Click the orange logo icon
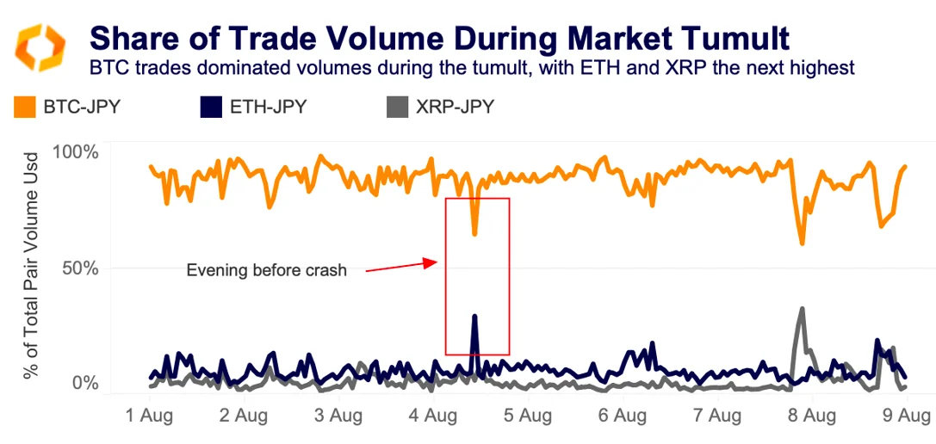point(40,46)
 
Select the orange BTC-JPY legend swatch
point(25,107)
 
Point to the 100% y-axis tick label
point(76,152)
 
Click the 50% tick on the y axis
point(80,268)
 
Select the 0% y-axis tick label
point(84,382)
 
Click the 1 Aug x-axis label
point(149,416)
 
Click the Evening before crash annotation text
point(266,270)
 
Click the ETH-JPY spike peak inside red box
point(474,317)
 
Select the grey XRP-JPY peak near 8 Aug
point(802,308)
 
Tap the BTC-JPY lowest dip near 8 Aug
point(802,244)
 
